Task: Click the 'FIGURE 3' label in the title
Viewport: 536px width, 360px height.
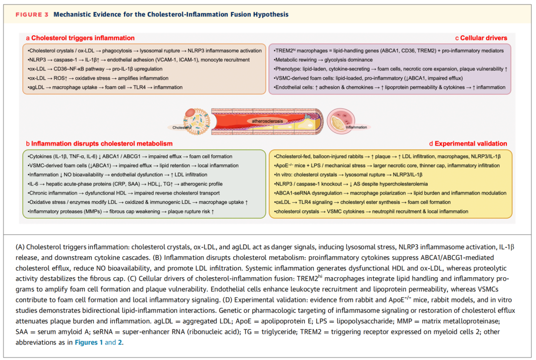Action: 32,14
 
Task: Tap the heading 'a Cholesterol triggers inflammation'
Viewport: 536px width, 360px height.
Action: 80,38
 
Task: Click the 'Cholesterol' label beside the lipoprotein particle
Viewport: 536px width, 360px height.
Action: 182,127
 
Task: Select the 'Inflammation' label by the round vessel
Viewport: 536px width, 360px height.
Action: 356,127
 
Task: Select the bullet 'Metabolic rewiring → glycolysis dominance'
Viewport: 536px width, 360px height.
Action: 324,60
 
